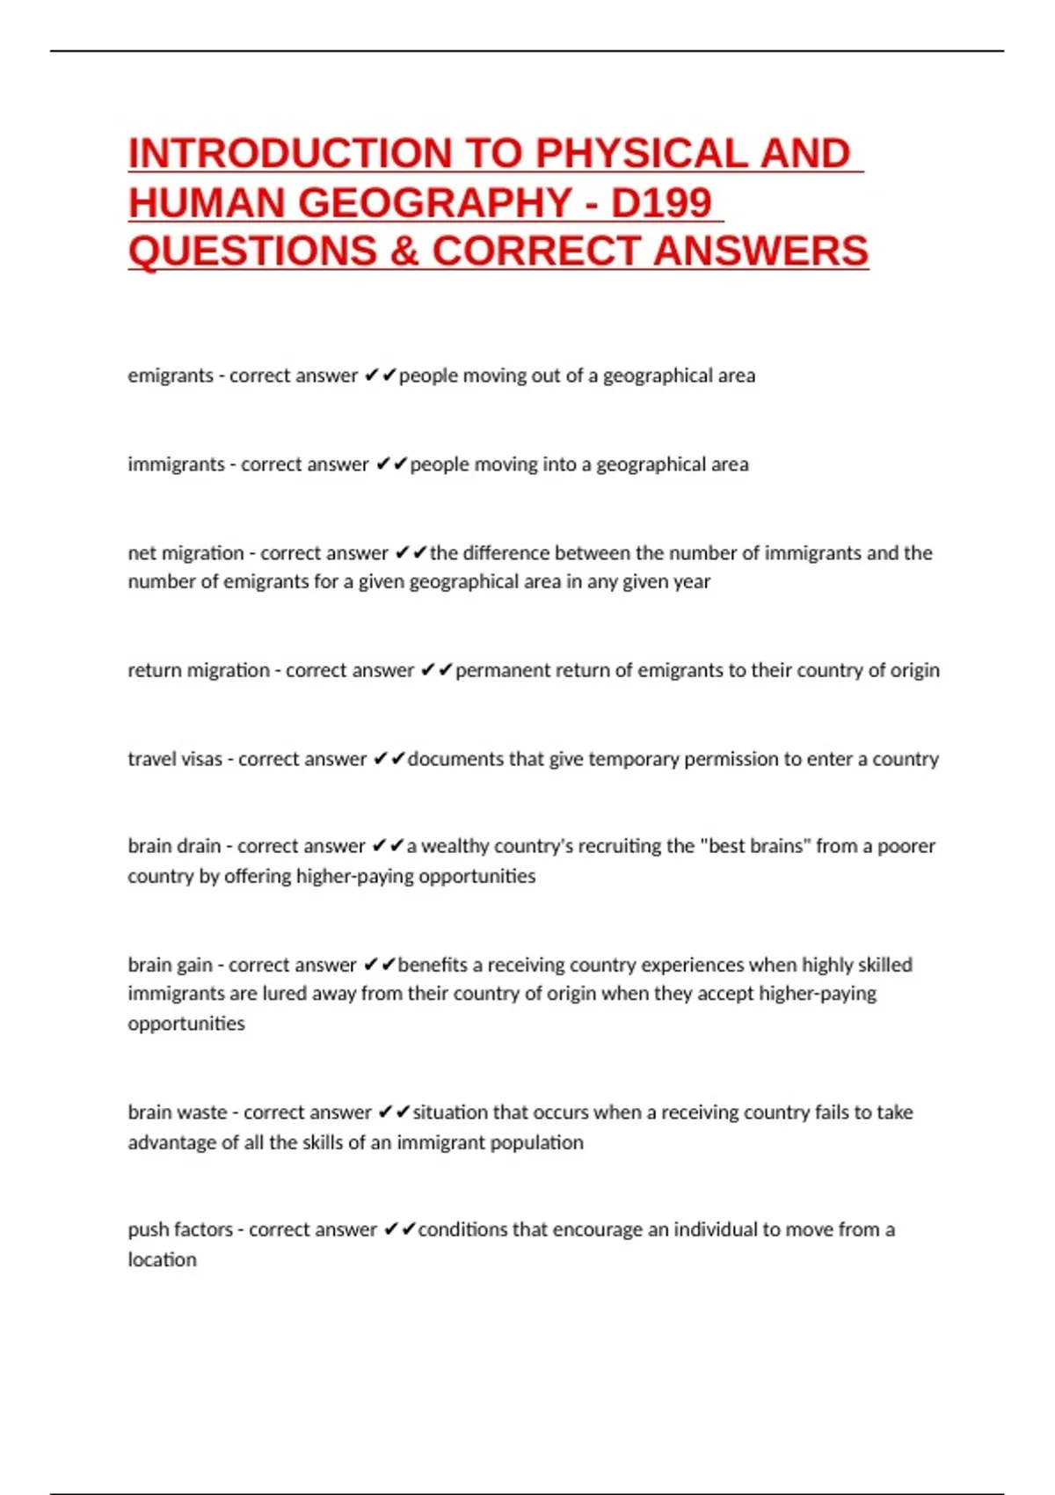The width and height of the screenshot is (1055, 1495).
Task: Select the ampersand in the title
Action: pyautogui.click(x=404, y=252)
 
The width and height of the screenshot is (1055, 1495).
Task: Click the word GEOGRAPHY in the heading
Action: pyautogui.click(x=435, y=203)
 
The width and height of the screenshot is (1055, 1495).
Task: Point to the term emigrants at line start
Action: pyautogui.click(x=171, y=376)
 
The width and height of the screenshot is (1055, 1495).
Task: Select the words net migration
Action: pyautogui.click(x=186, y=553)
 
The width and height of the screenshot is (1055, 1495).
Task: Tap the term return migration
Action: pyautogui.click(x=199, y=670)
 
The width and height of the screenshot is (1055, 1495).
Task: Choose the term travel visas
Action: pyautogui.click(x=175, y=759)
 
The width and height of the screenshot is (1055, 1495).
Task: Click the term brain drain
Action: pyautogui.click(x=174, y=846)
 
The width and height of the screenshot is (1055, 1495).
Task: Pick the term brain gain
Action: pyautogui.click(x=170, y=965)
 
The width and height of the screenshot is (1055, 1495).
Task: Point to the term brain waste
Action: pyautogui.click(x=178, y=1112)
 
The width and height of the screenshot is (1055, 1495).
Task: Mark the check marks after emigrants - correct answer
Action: pyautogui.click(x=380, y=376)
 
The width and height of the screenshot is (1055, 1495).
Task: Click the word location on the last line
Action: pyautogui.click(x=162, y=1259)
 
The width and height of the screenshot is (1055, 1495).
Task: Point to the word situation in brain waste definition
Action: pyautogui.click(x=450, y=1112)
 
